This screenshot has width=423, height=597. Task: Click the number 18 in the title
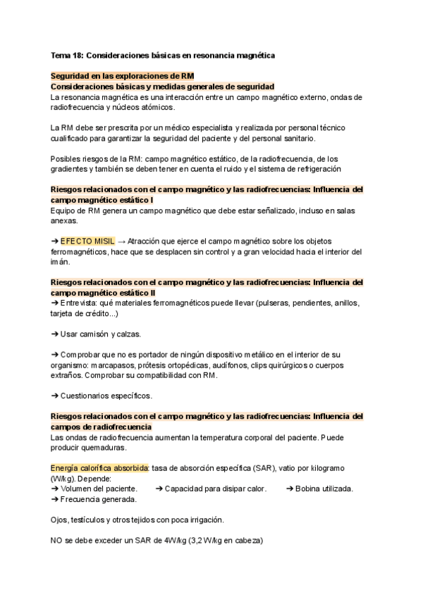tap(79, 54)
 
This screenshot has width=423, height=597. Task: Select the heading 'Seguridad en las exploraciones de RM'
tap(123, 76)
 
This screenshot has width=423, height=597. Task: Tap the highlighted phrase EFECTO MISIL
tap(87, 241)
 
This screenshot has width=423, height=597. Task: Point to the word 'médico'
tap(178, 128)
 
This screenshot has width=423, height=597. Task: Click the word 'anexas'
tap(66, 220)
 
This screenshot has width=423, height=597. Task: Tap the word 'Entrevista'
tap(82, 303)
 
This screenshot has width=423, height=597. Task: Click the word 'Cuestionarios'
tap(87, 396)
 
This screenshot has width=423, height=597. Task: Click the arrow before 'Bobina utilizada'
tap(290, 489)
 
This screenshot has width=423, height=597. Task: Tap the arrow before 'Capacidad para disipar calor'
tap(159, 489)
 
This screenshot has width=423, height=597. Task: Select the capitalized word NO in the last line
tap(58, 541)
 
